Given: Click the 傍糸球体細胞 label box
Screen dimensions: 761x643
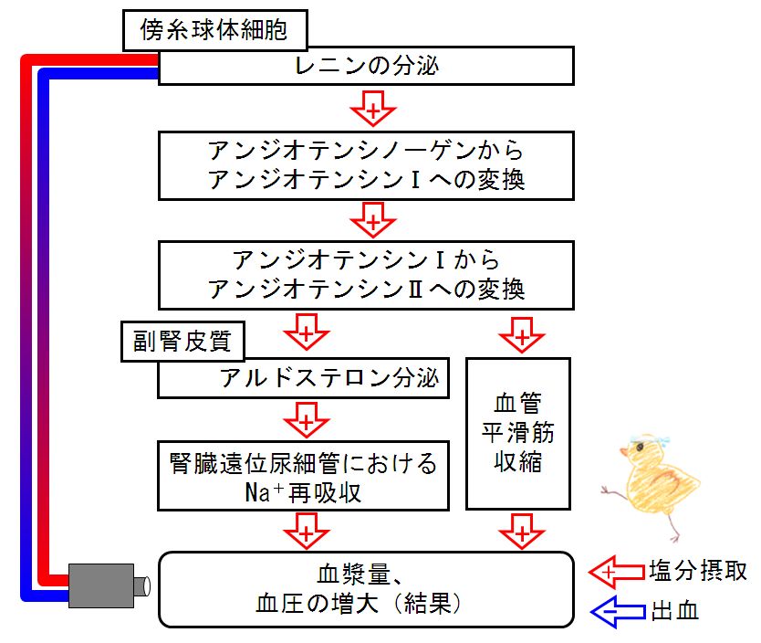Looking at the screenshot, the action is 215,30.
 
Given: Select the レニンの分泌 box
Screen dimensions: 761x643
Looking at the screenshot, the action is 367,66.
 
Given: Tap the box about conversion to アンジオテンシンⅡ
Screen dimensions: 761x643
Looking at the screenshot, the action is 367,275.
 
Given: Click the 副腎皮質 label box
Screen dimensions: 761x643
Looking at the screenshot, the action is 182,342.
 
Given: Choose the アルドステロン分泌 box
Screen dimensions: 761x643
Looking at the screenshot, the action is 303,378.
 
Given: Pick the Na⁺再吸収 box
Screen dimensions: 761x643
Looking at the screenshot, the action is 303,476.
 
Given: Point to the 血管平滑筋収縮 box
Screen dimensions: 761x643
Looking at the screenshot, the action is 518,434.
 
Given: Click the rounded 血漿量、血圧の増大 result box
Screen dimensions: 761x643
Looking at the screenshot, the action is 367,590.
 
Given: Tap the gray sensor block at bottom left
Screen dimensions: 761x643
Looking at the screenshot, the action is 101,585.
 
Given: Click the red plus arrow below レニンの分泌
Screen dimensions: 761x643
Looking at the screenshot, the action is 373,109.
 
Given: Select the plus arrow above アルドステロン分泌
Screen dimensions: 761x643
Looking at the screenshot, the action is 307,332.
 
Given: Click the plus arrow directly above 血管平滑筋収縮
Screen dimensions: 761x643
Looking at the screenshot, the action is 522,335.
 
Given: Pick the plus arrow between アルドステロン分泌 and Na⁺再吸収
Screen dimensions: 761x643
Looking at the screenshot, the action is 307,420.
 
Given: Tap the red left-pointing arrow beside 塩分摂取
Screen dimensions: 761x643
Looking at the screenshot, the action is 617,572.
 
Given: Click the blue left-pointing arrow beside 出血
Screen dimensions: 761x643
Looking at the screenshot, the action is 618,611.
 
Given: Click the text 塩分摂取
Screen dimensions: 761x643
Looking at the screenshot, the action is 698,571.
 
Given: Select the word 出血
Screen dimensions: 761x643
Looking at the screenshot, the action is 674,611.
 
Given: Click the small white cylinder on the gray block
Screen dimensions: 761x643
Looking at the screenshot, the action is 141,585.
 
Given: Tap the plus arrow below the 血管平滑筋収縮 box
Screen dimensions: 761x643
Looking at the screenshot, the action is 522,532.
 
